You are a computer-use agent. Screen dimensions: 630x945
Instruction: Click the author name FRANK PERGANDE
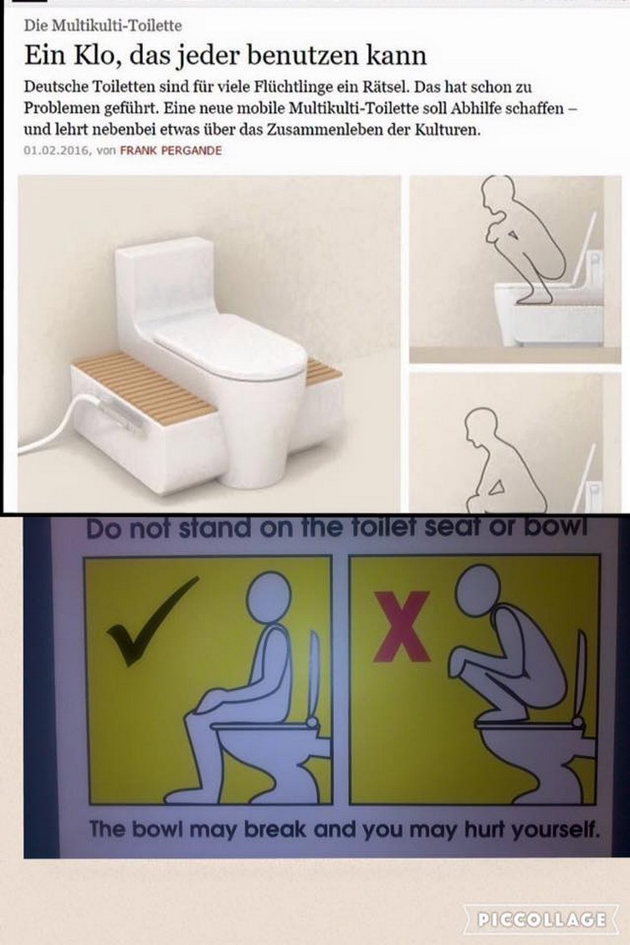point(171,151)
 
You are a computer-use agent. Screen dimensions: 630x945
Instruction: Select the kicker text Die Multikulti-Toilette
point(102,25)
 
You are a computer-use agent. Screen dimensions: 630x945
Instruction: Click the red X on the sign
point(402,626)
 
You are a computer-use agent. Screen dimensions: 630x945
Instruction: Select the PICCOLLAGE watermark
point(540,918)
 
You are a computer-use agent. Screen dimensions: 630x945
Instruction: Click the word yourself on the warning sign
point(556,830)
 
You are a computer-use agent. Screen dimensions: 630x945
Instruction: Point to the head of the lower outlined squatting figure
point(481,426)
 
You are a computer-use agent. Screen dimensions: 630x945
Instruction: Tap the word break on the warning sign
point(276,830)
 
